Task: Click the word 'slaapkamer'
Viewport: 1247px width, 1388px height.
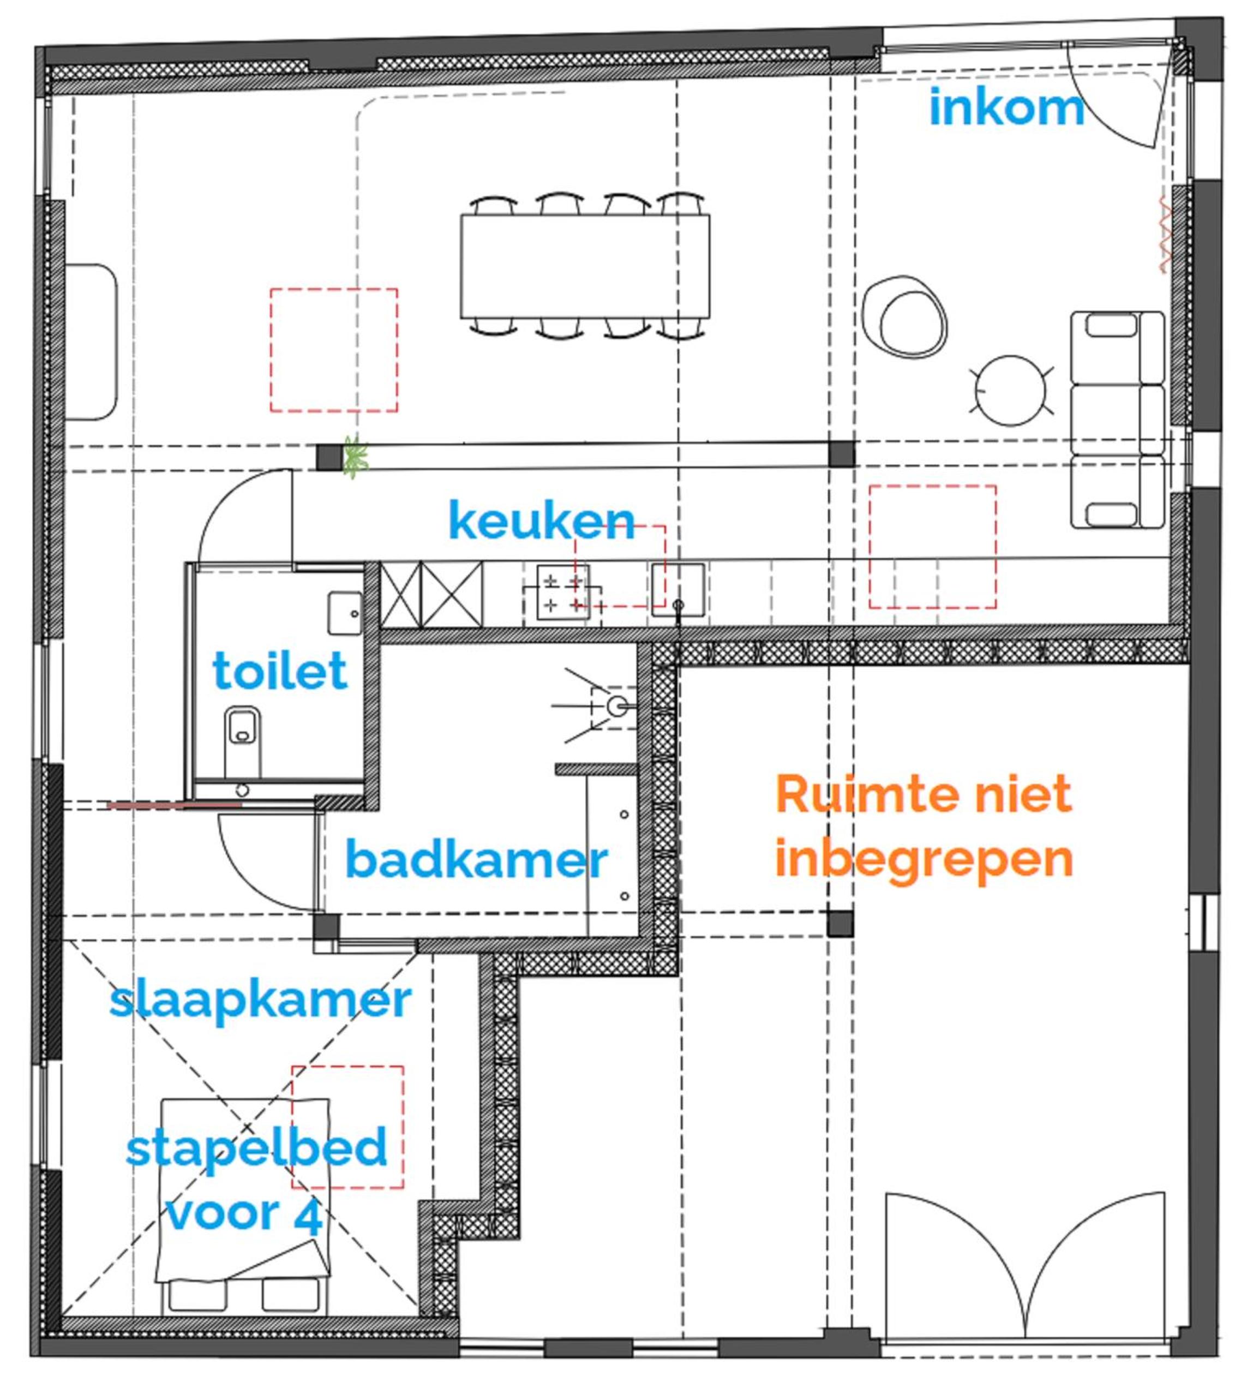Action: tap(260, 1001)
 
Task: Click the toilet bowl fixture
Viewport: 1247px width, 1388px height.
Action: tap(243, 741)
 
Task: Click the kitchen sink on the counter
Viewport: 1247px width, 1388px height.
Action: tap(678, 589)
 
